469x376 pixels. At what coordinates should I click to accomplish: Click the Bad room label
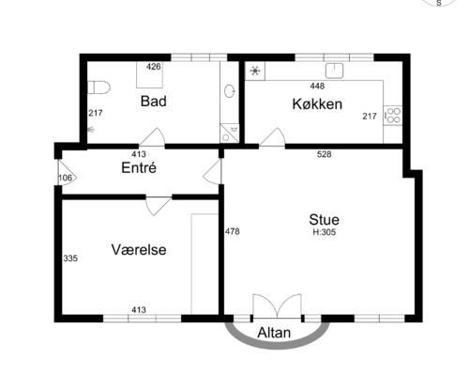click(x=153, y=102)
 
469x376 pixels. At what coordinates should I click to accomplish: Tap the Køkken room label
click(x=317, y=104)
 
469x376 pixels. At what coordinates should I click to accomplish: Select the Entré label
click(x=139, y=167)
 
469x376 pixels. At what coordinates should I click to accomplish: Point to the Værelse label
click(x=139, y=250)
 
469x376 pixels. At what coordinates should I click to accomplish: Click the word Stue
click(x=324, y=220)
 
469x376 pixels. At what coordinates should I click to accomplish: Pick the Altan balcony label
click(x=274, y=333)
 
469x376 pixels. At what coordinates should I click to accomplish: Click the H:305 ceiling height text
click(x=325, y=232)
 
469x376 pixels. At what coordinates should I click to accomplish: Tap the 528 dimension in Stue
click(x=324, y=154)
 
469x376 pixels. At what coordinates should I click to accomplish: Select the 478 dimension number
click(x=233, y=231)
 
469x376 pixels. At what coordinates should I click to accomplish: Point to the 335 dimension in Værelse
click(x=70, y=258)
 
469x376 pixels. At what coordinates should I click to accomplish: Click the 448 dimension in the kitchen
click(x=317, y=86)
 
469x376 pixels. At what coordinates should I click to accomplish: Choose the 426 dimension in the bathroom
click(x=154, y=67)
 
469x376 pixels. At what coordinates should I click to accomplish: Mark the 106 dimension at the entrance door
click(x=65, y=178)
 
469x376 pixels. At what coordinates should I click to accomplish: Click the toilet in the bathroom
click(x=98, y=87)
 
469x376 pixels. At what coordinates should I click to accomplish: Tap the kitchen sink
click(x=334, y=70)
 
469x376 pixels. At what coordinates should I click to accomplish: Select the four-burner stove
click(x=393, y=116)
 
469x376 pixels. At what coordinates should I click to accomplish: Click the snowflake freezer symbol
click(x=255, y=70)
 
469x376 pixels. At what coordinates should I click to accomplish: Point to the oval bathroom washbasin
click(x=230, y=91)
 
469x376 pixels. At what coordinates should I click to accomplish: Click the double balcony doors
click(x=277, y=306)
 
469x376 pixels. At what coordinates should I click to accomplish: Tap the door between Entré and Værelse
click(x=159, y=206)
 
